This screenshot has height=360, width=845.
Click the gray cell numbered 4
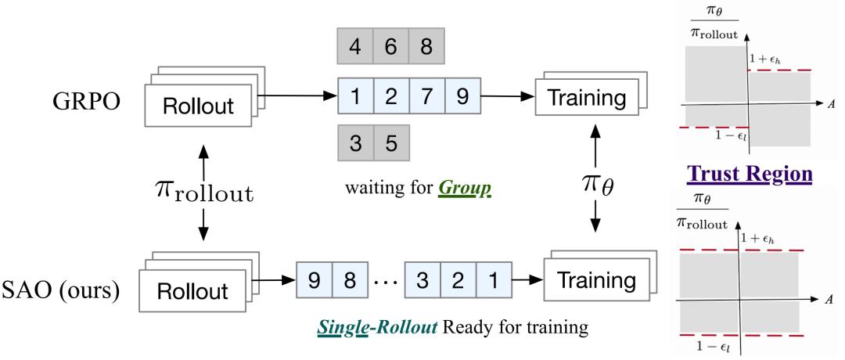click(x=355, y=47)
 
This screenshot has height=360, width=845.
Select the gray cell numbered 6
click(x=390, y=47)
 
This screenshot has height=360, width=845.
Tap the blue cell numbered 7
click(x=427, y=96)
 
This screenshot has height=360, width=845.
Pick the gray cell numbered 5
click(x=391, y=142)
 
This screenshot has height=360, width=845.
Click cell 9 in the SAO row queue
click(x=315, y=280)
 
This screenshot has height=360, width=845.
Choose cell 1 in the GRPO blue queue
click(x=356, y=96)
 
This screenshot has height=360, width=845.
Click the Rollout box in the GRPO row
click(x=198, y=106)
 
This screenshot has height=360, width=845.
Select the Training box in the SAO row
click(x=595, y=279)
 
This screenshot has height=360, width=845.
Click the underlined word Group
click(x=470, y=189)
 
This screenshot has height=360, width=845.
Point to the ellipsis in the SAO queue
click(x=386, y=281)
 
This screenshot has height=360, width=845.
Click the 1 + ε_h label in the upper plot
click(x=766, y=58)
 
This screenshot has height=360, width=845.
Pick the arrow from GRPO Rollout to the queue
click(x=297, y=97)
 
